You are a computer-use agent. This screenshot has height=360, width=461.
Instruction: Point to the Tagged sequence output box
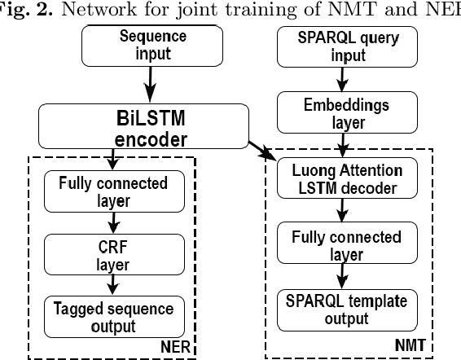point(113,316)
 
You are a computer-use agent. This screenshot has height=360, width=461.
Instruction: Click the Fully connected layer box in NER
point(113,191)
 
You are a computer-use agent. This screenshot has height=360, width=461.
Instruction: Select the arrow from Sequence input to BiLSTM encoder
point(150,82)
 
